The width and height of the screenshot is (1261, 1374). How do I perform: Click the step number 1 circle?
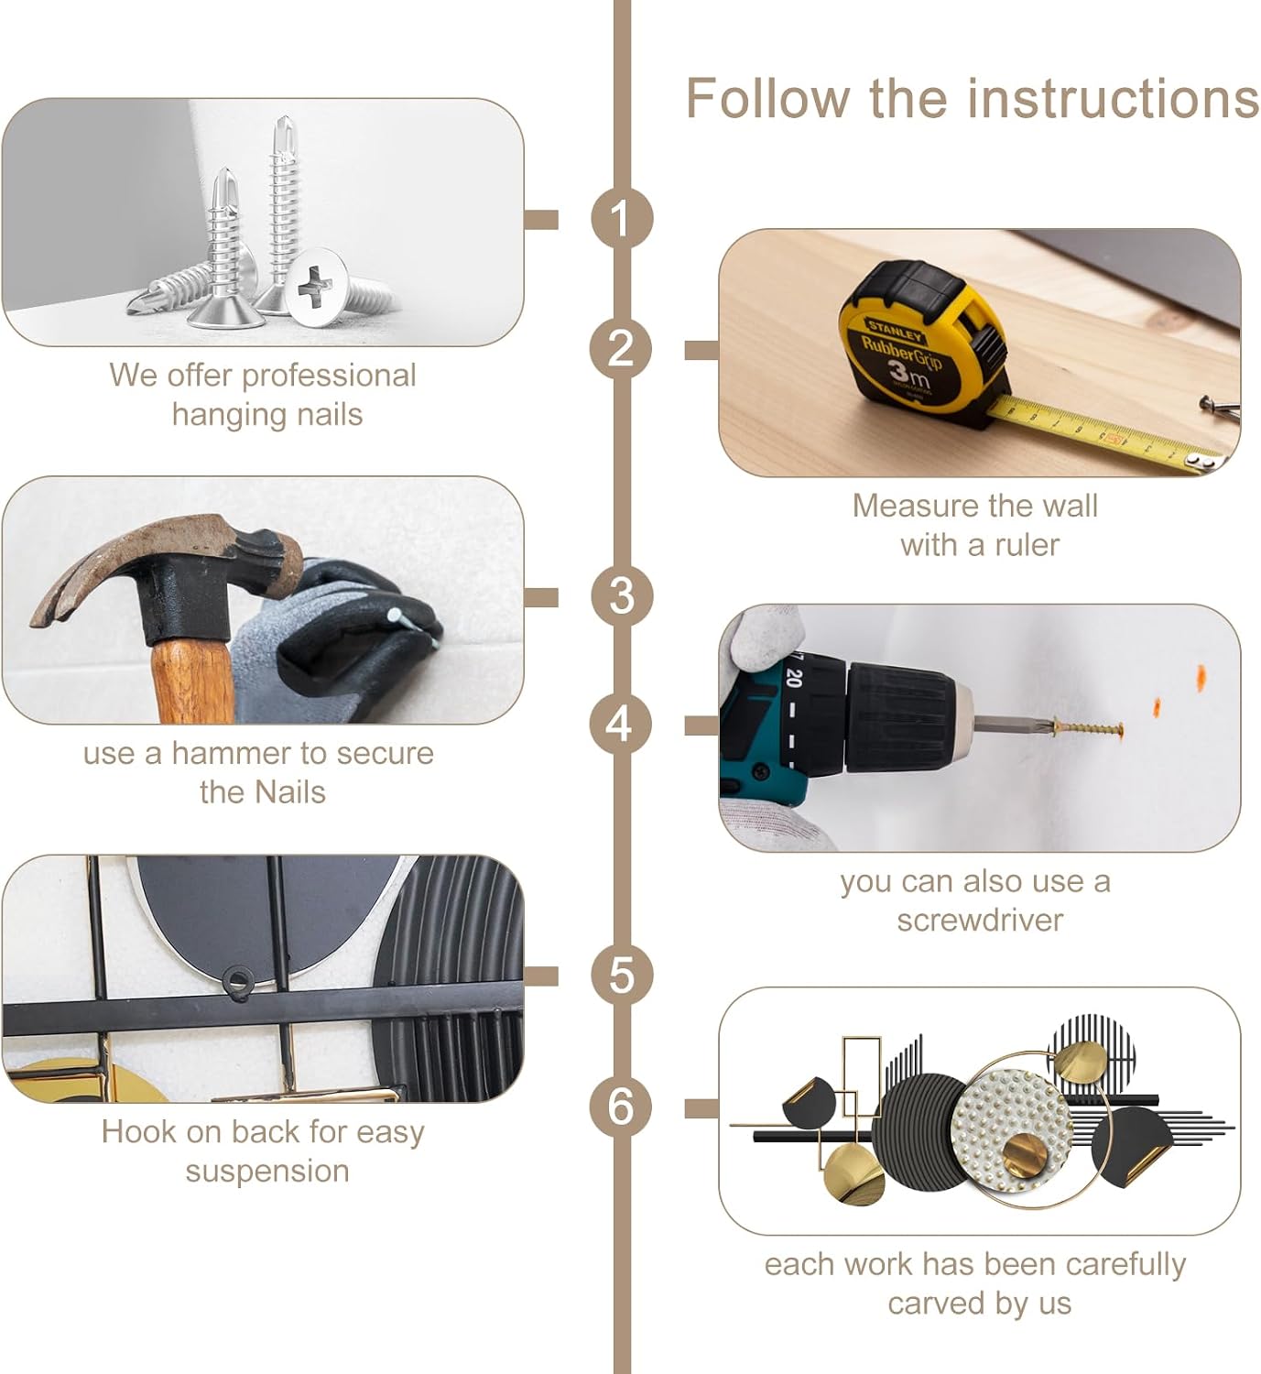coord(621,219)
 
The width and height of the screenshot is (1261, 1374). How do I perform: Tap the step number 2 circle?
coord(621,349)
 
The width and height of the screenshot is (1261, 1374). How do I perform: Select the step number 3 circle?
coord(621,596)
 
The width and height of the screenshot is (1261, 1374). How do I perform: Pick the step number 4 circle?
coord(621,724)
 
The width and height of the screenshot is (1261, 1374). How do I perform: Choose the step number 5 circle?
coord(621,975)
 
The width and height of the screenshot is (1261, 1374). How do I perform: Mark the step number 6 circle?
coord(621,1106)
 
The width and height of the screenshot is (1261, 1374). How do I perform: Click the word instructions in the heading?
coord(1114,99)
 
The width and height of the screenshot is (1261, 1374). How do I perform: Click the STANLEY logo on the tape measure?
coord(896,330)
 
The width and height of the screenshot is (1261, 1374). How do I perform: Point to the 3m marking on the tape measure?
coord(909,374)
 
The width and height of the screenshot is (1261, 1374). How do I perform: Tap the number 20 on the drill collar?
coord(795,678)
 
